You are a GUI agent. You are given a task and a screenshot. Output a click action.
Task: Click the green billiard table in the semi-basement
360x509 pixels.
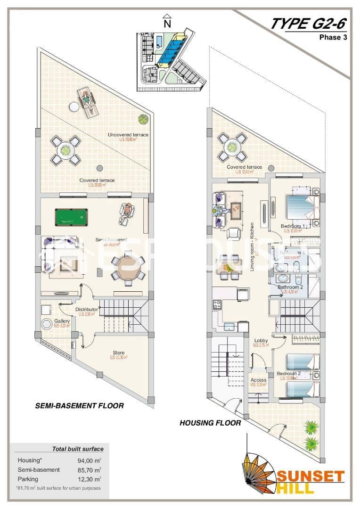[72, 218]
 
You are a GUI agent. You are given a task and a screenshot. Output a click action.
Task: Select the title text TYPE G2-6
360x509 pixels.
[309, 23]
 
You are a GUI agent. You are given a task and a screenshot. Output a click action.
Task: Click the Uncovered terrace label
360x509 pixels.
[128, 135]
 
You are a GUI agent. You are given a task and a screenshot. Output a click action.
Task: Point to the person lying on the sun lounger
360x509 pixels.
[87, 101]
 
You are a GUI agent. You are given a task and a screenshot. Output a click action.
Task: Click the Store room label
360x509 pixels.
[118, 353]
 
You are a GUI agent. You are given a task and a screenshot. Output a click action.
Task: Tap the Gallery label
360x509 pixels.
[62, 321]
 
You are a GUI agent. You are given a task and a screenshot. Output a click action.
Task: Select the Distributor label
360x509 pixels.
[87, 310]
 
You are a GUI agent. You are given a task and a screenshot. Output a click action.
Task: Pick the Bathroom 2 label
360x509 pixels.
[290, 287]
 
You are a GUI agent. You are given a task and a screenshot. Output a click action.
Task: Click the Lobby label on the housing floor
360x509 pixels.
[261, 340]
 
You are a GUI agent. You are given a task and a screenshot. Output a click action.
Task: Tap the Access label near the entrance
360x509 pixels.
[258, 380]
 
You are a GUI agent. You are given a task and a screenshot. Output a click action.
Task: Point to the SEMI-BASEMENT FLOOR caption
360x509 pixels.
[80, 406]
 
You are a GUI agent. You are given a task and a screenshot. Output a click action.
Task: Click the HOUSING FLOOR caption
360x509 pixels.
[210, 423]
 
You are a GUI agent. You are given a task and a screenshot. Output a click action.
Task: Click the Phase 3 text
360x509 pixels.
[333, 38]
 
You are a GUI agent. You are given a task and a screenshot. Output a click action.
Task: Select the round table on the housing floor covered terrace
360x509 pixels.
[232, 147]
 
